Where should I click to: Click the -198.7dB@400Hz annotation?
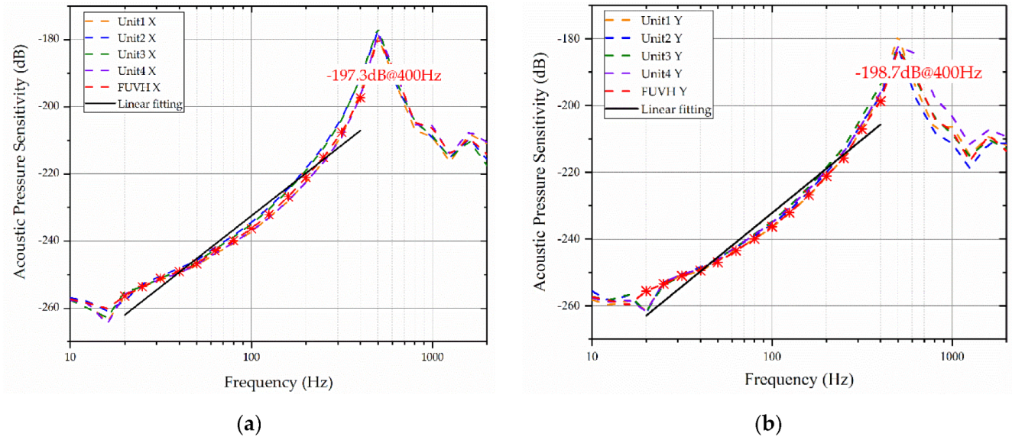pyautogui.click(x=918, y=73)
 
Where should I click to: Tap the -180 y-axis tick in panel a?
pyautogui.click(x=51, y=39)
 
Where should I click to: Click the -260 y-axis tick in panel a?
pyautogui.click(x=51, y=308)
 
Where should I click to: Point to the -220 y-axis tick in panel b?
pyautogui.click(x=572, y=173)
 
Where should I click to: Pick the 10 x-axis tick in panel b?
pyautogui.click(x=592, y=356)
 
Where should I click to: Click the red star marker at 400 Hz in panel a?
pyautogui.click(x=360, y=98)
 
